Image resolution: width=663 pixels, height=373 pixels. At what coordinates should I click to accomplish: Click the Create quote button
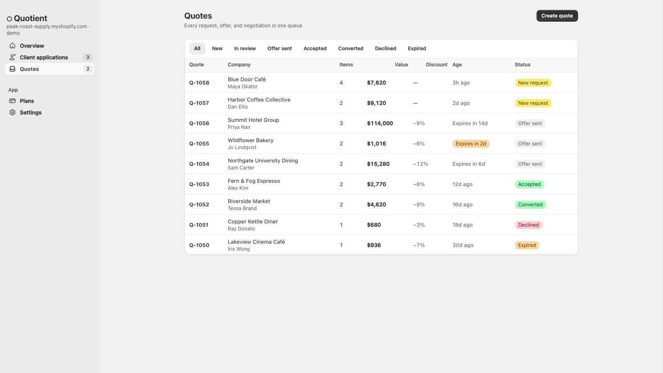coord(557,16)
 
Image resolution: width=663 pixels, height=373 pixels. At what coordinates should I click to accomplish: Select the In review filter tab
coord(245,48)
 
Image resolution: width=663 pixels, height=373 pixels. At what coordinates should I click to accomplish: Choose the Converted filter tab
coord(351,48)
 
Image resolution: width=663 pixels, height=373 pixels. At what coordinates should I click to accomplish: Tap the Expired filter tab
coord(417,48)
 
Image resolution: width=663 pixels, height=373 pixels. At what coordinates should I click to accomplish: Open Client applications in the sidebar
coord(44,58)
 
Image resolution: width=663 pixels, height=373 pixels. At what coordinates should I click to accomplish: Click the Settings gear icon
coord(12,112)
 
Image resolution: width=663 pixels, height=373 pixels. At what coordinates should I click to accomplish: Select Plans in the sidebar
coord(27,101)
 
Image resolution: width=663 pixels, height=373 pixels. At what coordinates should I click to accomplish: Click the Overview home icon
coord(12,46)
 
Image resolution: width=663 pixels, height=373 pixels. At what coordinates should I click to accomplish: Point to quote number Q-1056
coord(199,124)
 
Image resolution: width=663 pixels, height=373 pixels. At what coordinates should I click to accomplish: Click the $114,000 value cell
coord(380,124)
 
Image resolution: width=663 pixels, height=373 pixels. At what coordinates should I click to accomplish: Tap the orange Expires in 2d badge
coord(471,144)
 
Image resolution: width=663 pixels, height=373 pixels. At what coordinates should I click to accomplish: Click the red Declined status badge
coord(528,225)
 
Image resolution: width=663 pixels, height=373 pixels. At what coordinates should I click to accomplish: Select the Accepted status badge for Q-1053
coord(529,184)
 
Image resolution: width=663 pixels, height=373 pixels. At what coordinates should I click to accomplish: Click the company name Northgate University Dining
coord(263,161)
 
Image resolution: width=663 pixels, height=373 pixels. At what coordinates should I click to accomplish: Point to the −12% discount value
coord(421,164)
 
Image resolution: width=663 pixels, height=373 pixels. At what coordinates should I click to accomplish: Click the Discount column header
coord(437,65)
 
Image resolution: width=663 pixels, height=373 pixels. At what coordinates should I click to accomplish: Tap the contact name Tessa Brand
coord(242,208)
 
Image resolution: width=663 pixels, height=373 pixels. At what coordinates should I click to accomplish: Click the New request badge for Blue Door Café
coord(533,83)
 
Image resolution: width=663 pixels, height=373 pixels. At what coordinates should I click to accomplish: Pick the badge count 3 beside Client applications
coord(87,58)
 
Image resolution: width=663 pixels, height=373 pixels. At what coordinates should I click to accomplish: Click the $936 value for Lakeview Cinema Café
coord(374,245)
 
